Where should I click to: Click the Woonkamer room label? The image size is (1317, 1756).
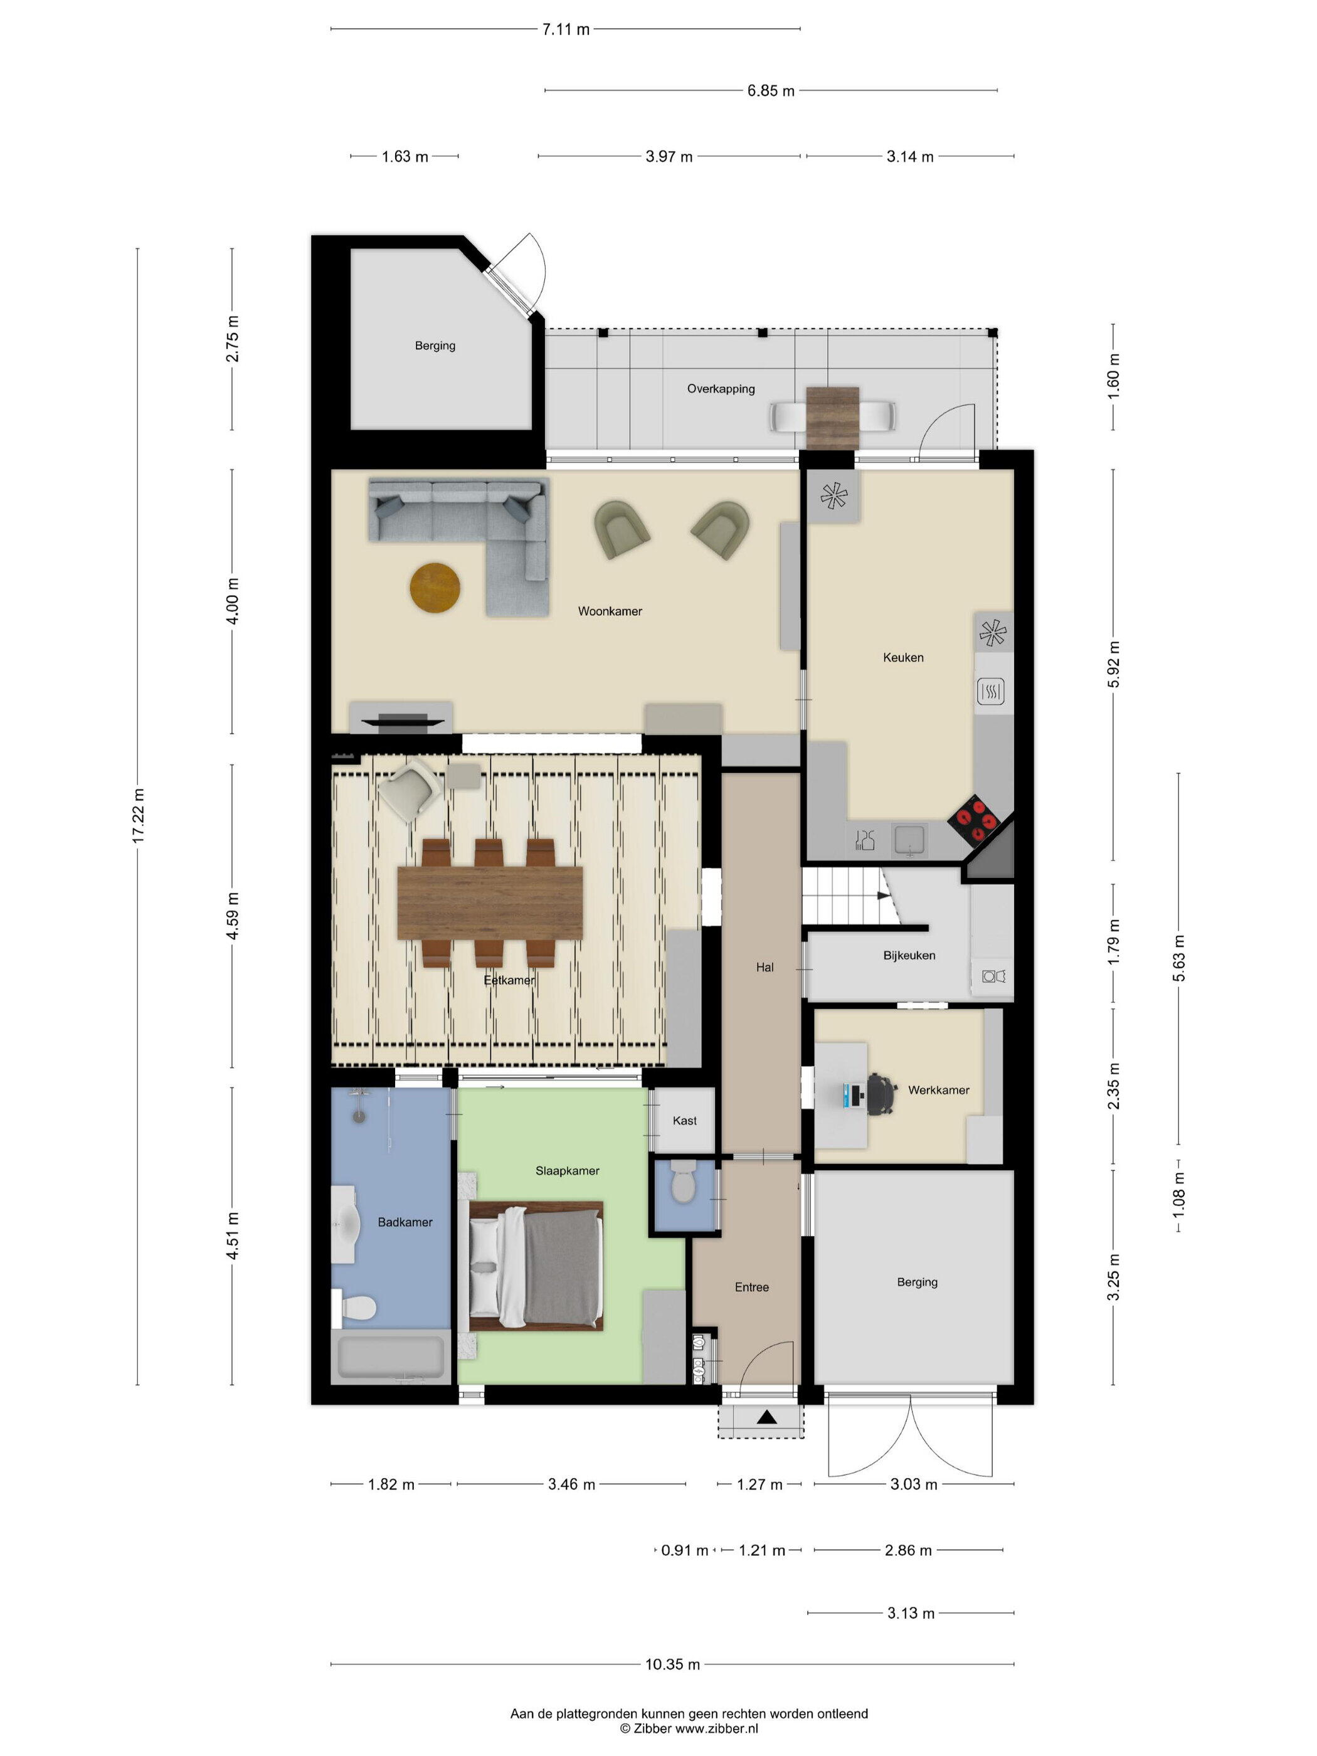coord(609,611)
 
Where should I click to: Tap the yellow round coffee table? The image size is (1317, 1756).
coord(435,588)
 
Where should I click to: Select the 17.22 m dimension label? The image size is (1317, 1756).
coord(138,816)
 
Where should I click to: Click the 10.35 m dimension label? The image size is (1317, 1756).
coord(672,1664)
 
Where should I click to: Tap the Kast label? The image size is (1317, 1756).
coord(684,1121)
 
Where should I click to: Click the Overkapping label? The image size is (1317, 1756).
coord(721,389)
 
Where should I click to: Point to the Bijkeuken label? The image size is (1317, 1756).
coord(909,956)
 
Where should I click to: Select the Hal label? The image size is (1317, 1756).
coord(764,968)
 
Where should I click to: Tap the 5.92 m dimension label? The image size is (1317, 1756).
coord(1113,664)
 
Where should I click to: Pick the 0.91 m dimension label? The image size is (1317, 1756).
coord(684,1550)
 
